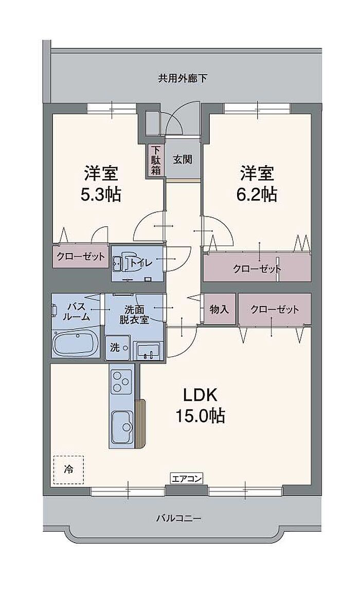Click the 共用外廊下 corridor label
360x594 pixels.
182,79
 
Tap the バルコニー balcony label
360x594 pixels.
178,518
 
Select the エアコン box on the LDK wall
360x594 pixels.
186,479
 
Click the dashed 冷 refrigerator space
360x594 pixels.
68,469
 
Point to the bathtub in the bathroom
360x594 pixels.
76,343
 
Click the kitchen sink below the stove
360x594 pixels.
122,424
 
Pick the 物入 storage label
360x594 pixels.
219,310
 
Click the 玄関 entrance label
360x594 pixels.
182,159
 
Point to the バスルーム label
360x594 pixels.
76,311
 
